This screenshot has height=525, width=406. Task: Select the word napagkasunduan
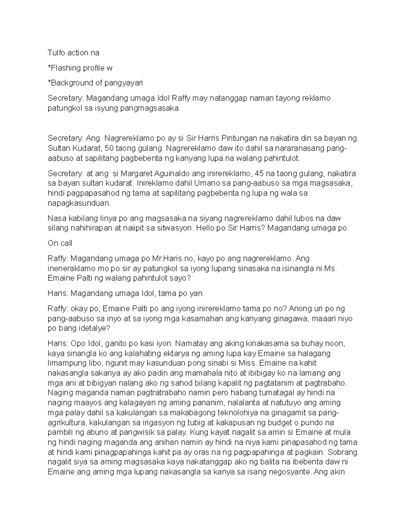point(79,203)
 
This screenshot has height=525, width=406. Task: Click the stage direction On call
point(60,243)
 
